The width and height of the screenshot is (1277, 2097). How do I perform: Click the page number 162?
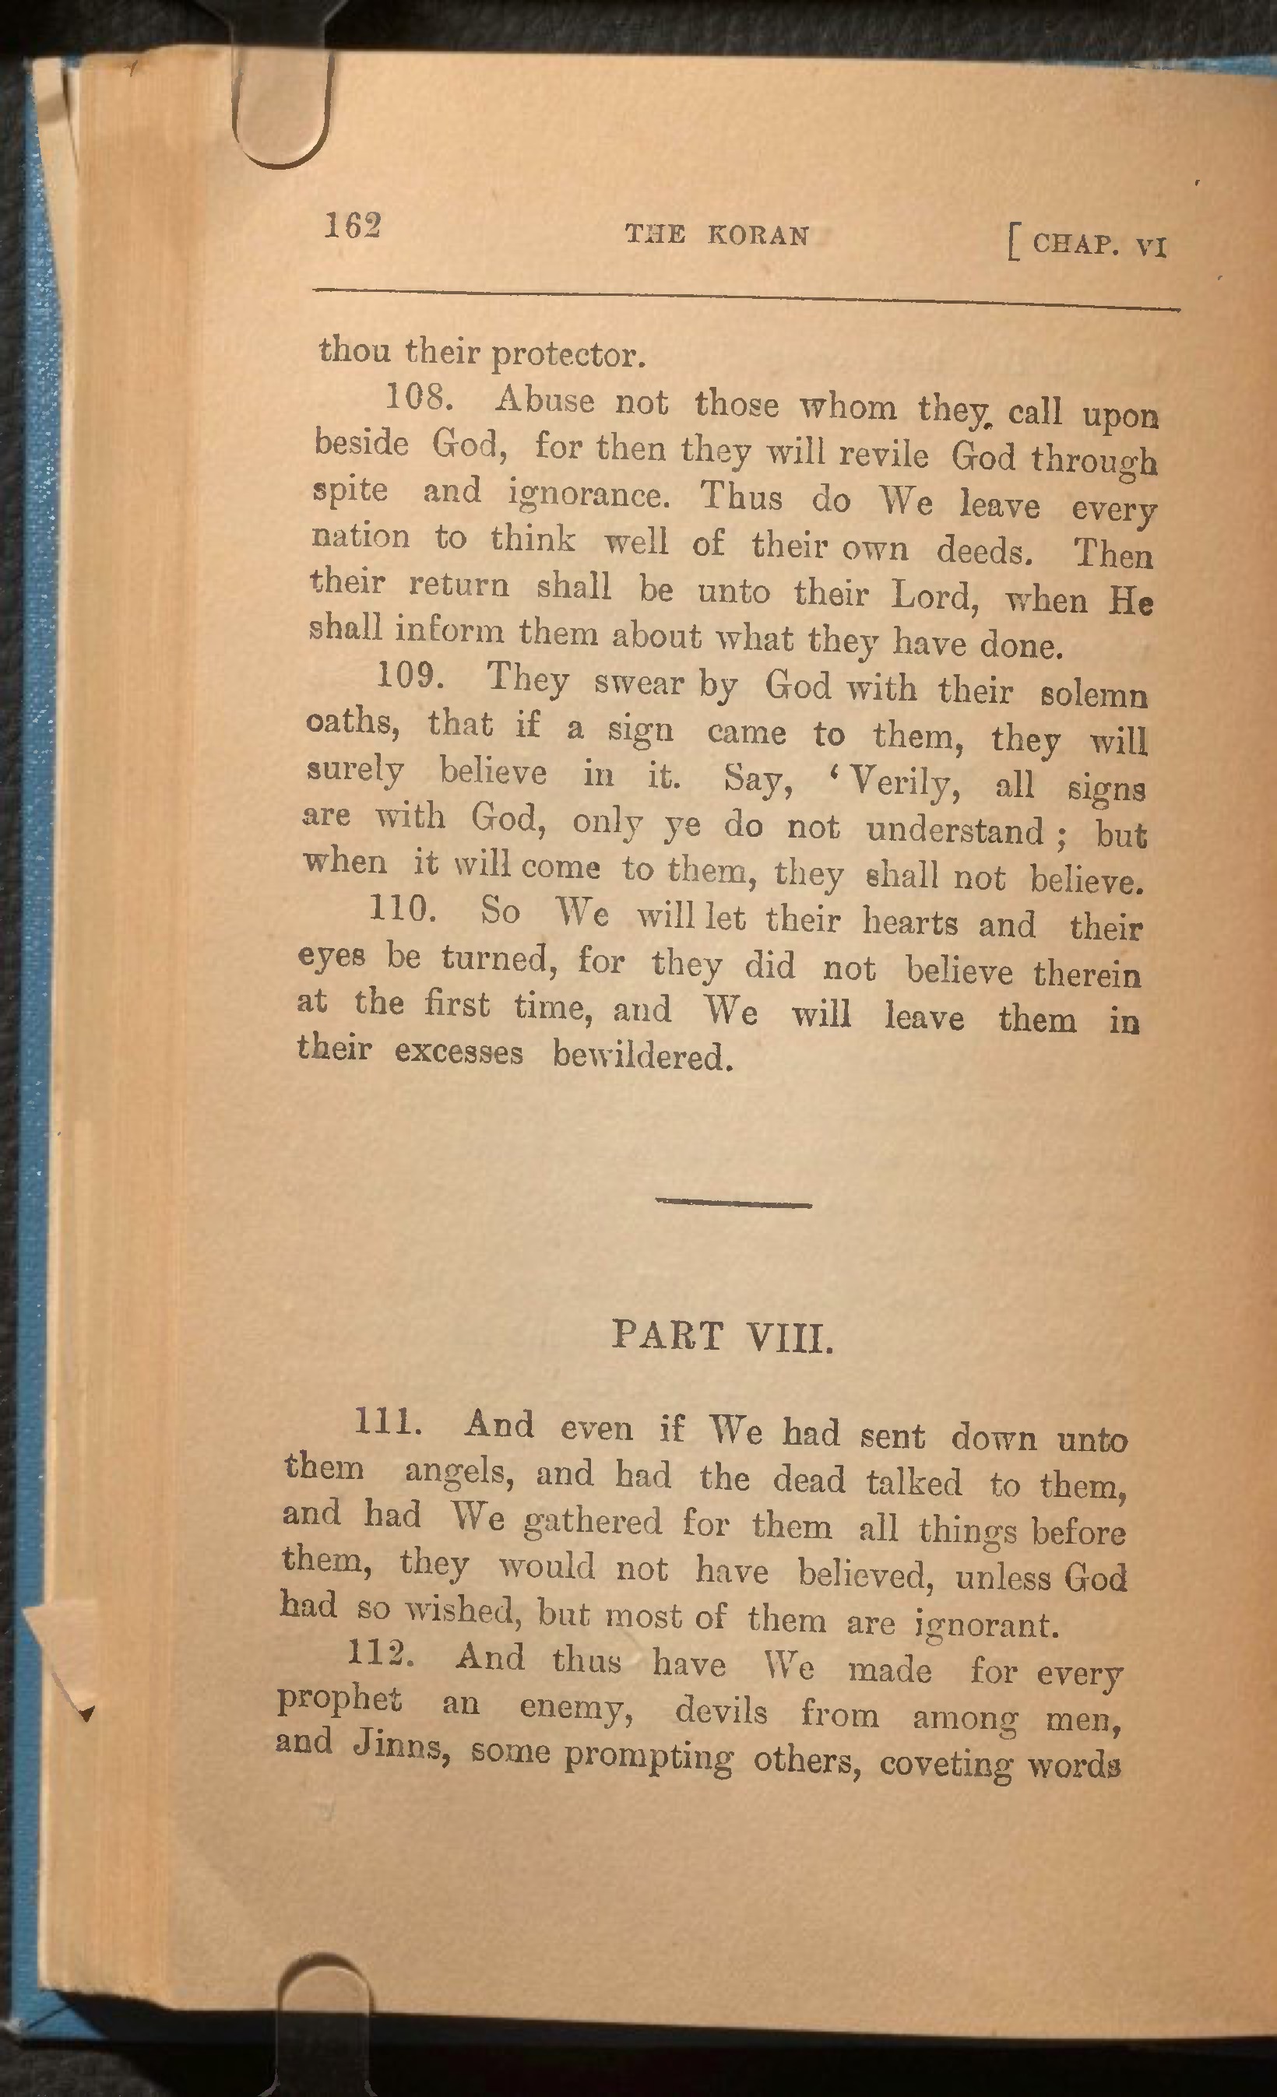pyautogui.click(x=352, y=226)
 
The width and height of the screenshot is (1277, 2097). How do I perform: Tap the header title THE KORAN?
pyautogui.click(x=717, y=235)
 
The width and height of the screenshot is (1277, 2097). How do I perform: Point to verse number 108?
pyautogui.click(x=416, y=396)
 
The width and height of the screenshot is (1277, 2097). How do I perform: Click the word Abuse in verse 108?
pyautogui.click(x=544, y=400)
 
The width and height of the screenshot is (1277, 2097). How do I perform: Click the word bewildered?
pyautogui.click(x=642, y=1056)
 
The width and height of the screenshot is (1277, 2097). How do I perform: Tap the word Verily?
pyautogui.click(x=903, y=782)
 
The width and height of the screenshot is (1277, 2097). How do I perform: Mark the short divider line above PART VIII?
pyautogui.click(x=733, y=1203)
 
